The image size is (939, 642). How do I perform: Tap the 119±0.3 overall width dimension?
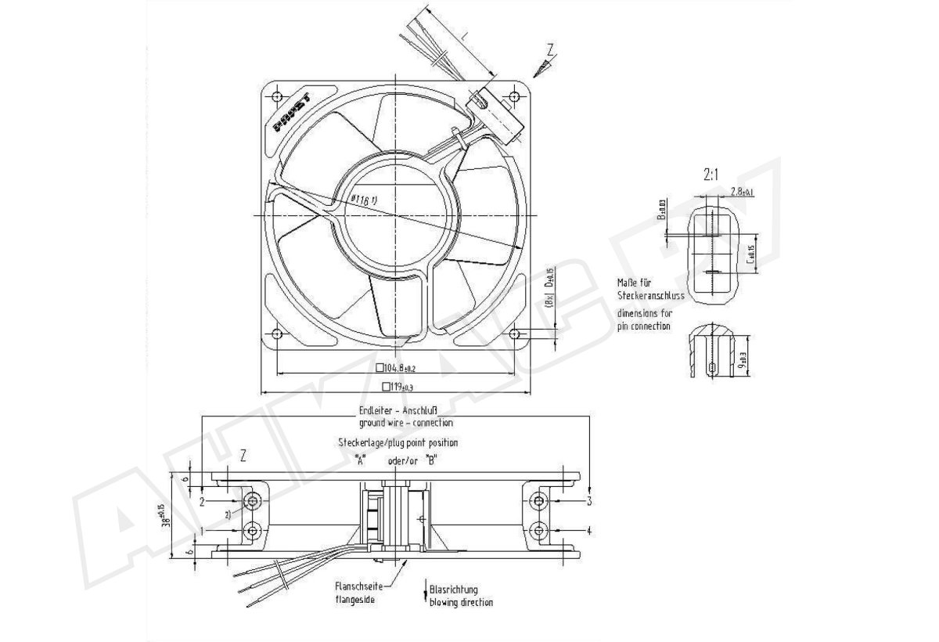[400, 386]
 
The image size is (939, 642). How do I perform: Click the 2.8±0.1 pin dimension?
[741, 192]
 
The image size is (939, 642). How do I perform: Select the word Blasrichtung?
[454, 590]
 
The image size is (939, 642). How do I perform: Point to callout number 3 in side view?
[588, 500]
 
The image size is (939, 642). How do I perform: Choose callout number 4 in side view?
[588, 531]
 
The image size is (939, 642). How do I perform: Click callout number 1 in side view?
[203, 531]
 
